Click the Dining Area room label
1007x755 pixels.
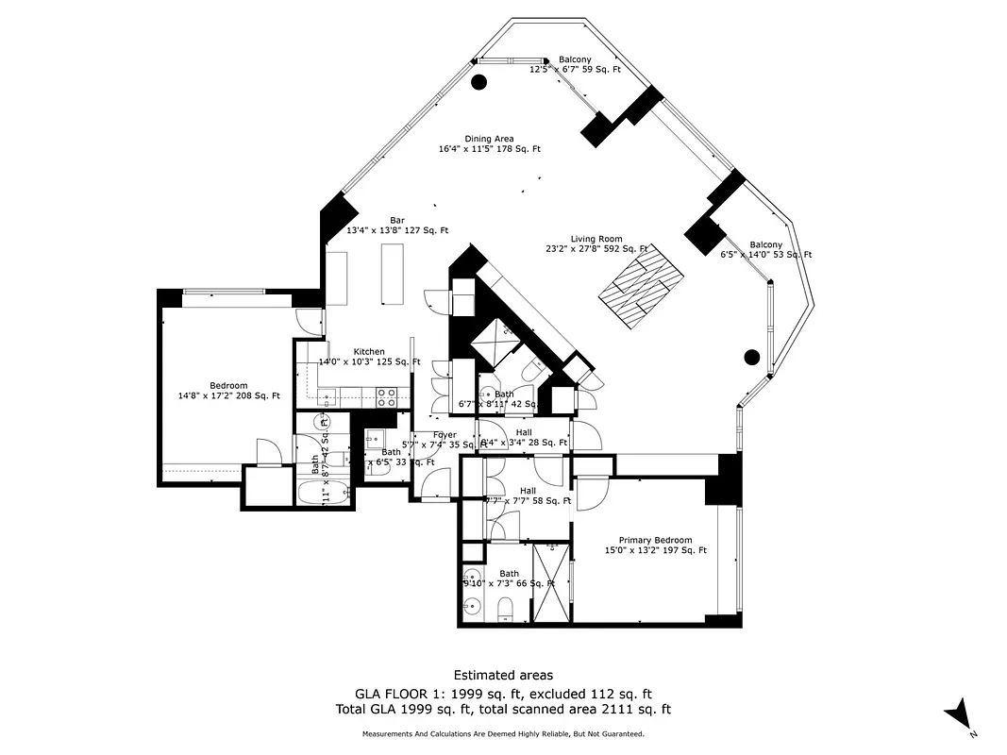(489, 143)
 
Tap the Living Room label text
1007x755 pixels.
(596, 243)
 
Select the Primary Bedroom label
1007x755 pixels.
(655, 545)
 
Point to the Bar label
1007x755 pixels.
(396, 225)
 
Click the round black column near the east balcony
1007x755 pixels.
(752, 357)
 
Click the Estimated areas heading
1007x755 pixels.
(503, 675)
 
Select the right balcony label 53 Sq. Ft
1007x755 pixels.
(766, 249)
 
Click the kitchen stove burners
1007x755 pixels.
(387, 394)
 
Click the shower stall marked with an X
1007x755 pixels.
(551, 583)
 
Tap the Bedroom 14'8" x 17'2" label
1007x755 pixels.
(228, 391)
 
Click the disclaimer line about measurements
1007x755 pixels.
(503, 733)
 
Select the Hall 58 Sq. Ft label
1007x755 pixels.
(526, 496)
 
